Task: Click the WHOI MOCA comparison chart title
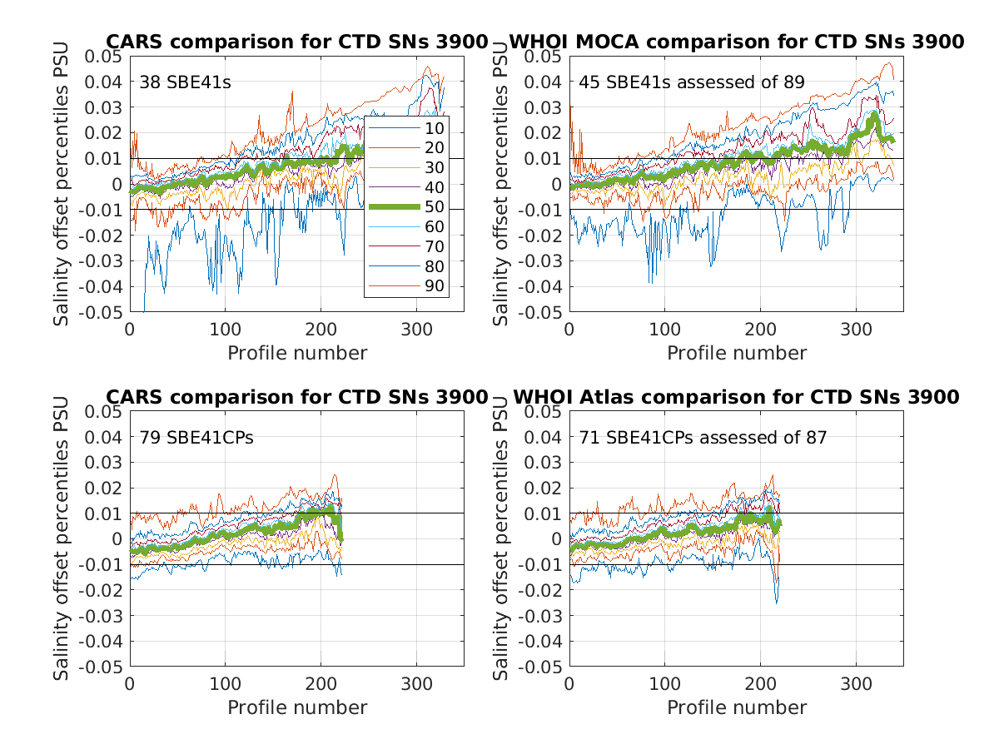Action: pos(736,42)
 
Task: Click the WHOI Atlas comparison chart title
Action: pos(736,396)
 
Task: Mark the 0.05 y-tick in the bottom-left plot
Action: pos(104,411)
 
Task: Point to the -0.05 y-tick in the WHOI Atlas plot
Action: pos(541,667)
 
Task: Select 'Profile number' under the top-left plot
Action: pos(297,353)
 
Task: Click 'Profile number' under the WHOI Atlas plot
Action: pos(737,707)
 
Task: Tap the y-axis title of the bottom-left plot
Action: pos(62,538)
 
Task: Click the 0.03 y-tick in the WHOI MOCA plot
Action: pos(544,107)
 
